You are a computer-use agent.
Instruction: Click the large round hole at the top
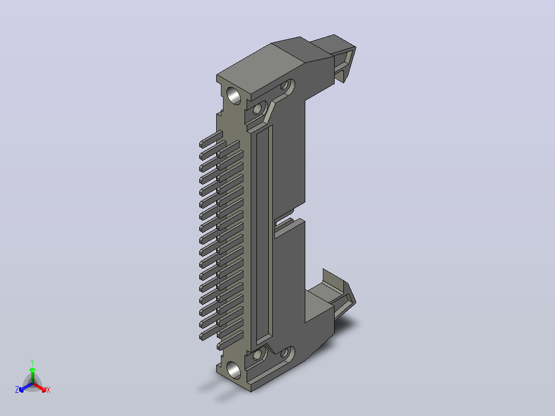click(234, 95)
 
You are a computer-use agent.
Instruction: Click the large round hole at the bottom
click(234, 370)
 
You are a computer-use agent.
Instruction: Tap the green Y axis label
click(32, 362)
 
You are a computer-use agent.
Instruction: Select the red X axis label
click(48, 390)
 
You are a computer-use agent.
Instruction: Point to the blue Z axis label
click(17, 390)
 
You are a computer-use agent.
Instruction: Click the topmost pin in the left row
click(211, 139)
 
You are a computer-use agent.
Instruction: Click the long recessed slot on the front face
click(264, 235)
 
